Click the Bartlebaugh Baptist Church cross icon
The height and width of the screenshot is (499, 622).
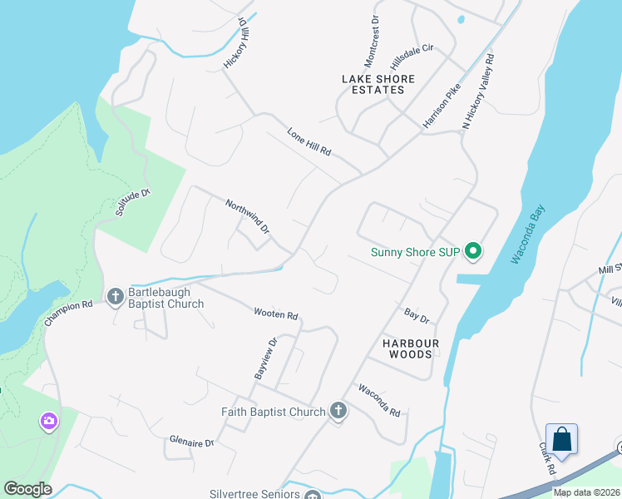pyautogui.click(x=115, y=295)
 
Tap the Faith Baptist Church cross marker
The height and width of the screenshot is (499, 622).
pyautogui.click(x=338, y=411)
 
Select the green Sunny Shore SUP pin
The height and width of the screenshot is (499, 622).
pyautogui.click(x=473, y=250)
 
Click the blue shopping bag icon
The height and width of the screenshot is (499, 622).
pyautogui.click(x=561, y=438)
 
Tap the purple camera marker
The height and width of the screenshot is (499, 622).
pyautogui.click(x=49, y=422)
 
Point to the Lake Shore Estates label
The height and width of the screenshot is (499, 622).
pyautogui.click(x=378, y=84)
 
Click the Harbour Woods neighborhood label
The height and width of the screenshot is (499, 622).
pyautogui.click(x=407, y=348)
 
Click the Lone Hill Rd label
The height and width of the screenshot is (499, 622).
pyautogui.click(x=309, y=142)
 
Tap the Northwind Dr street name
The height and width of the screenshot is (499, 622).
pyautogui.click(x=248, y=215)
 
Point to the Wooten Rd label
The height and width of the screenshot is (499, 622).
pyautogui.click(x=276, y=314)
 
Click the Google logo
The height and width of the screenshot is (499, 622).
pyautogui.click(x=27, y=489)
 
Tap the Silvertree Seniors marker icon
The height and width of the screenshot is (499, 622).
pyautogui.click(x=312, y=496)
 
